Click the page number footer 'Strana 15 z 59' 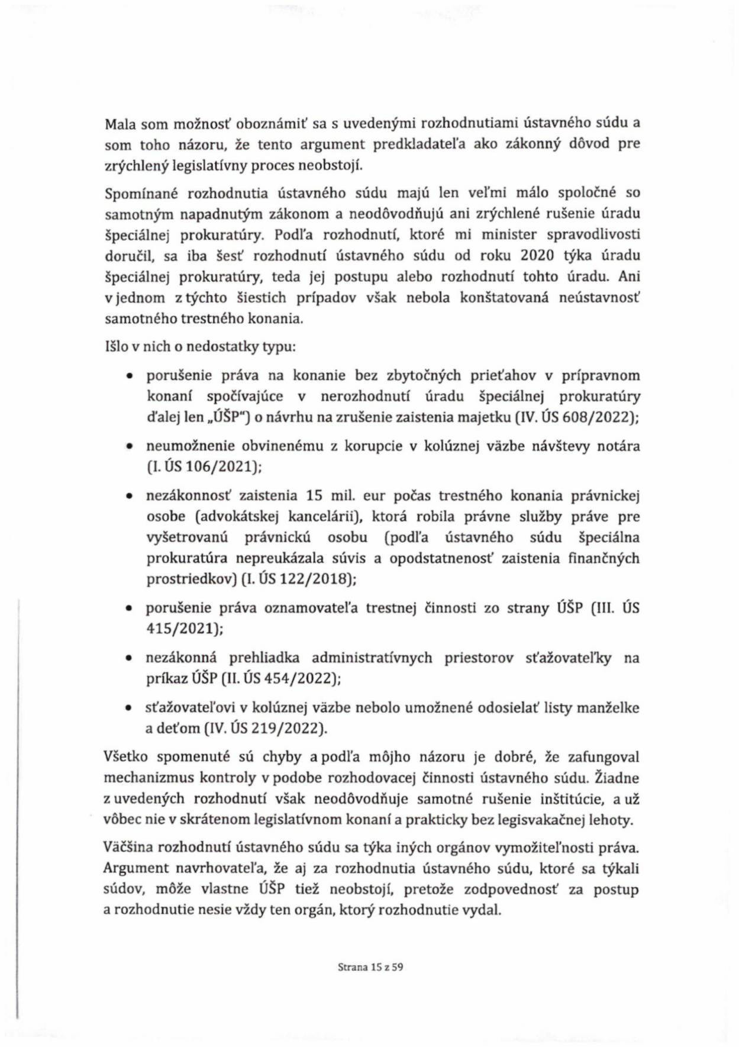coord(370,968)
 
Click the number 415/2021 coord(183,629)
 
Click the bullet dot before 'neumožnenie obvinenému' coord(129,447)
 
